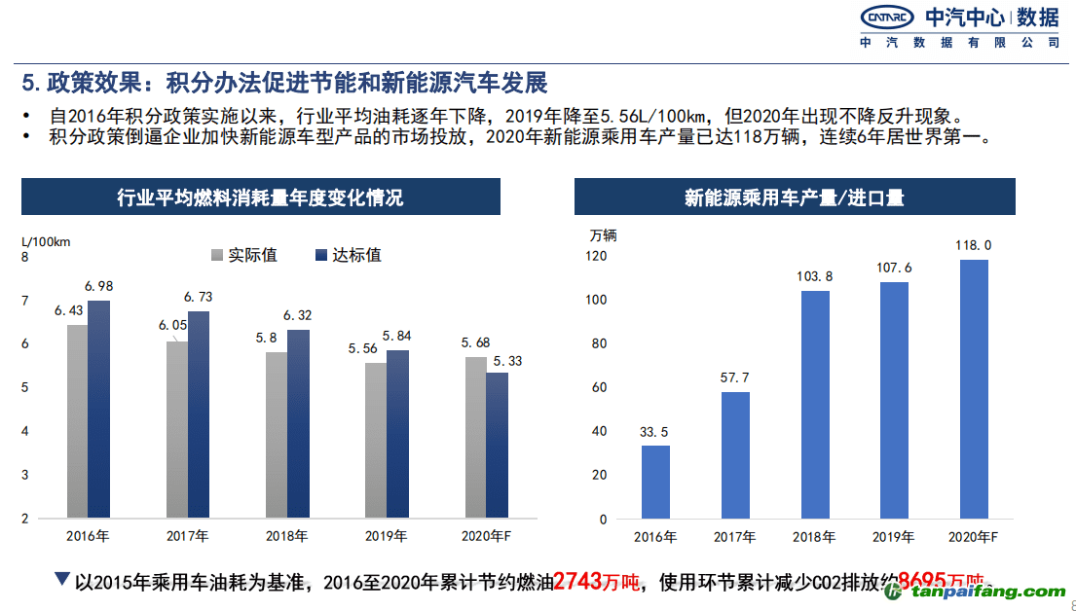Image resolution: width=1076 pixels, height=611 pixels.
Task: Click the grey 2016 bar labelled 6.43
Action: [x=77, y=420]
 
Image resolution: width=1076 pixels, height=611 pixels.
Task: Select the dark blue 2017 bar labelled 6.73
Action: [x=199, y=414]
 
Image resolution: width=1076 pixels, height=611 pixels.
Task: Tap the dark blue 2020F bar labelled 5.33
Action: [x=497, y=445]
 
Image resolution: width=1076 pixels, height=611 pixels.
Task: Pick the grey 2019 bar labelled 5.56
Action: [x=375, y=440]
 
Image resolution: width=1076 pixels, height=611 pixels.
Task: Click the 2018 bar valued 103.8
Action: [x=815, y=405]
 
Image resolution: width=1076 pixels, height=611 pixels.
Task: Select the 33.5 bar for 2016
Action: [x=655, y=482]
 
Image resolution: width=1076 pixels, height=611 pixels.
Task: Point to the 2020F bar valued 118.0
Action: [x=974, y=389]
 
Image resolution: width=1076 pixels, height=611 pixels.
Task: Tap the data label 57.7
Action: [x=735, y=377]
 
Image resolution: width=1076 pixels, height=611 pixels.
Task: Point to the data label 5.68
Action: [x=475, y=342]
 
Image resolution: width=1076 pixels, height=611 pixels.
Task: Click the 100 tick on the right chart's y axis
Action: [x=596, y=300]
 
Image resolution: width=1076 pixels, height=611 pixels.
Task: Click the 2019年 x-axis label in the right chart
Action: [x=894, y=536]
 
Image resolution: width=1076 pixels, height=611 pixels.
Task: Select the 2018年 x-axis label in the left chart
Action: [x=287, y=536]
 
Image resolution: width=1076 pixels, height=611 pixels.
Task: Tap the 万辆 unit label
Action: [x=603, y=234]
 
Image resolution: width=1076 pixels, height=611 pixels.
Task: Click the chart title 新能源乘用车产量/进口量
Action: [x=795, y=198]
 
